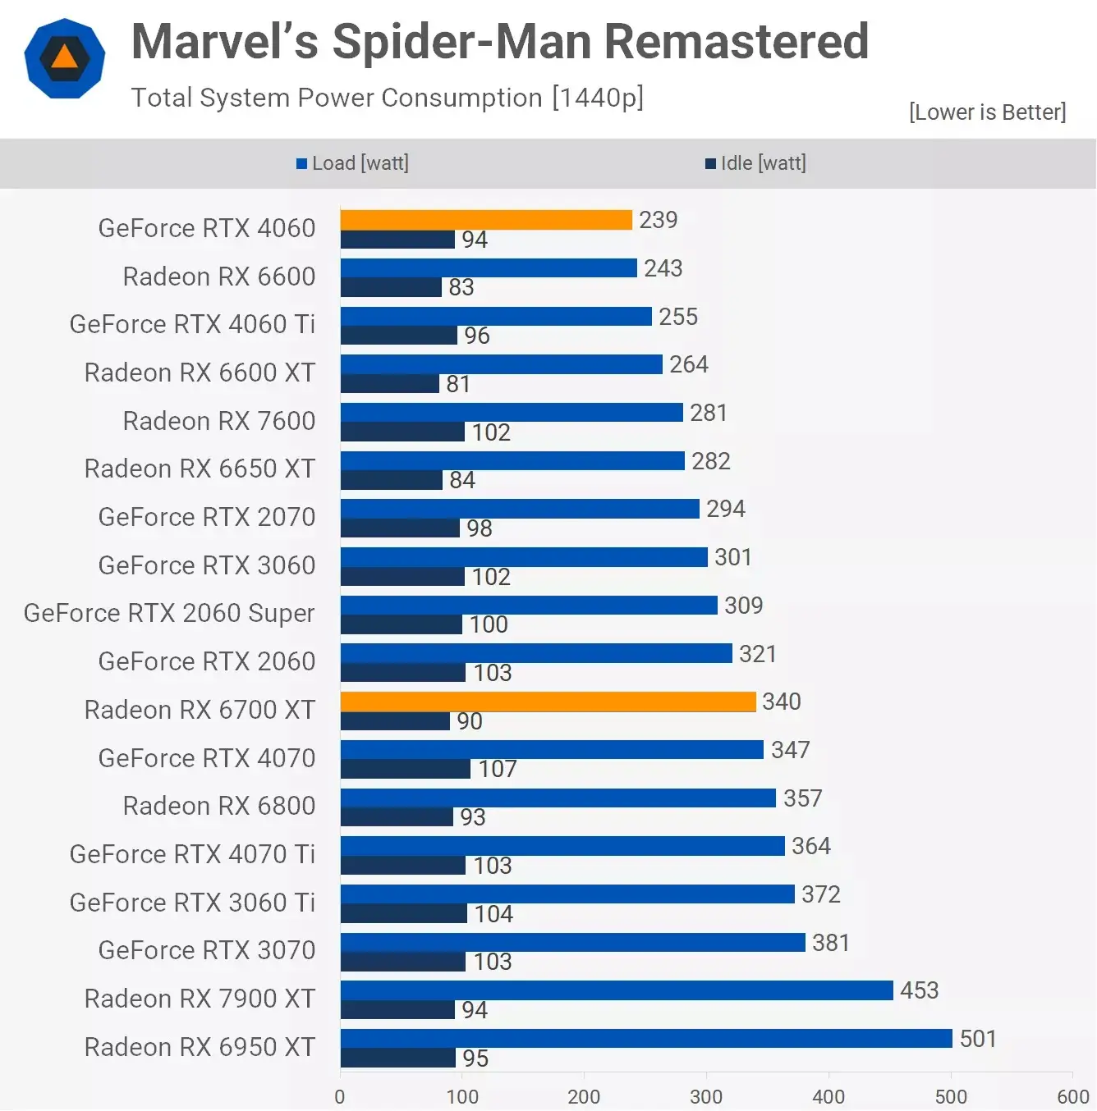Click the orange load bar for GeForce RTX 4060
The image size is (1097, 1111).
486,220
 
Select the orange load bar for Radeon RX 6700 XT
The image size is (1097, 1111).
548,702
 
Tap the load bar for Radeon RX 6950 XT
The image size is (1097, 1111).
646,1039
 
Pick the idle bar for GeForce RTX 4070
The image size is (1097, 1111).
406,769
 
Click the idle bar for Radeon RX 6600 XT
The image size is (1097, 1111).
390,384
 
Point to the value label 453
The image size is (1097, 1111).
919,990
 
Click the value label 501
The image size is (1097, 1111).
978,1039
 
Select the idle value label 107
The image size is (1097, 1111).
498,769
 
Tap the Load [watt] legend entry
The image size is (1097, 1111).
353,163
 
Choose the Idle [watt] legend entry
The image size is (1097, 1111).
755,163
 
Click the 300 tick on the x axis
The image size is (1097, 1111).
706,1096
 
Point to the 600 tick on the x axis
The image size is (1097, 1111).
1072,1096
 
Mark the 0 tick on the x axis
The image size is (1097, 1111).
340,1096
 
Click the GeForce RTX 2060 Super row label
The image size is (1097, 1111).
169,613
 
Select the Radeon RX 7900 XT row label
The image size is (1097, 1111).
200,999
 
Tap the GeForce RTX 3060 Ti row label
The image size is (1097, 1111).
192,903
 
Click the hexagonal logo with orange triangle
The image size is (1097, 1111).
65,58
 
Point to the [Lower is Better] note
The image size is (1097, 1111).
987,112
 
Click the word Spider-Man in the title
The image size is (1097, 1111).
461,41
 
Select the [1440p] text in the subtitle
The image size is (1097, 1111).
598,98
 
